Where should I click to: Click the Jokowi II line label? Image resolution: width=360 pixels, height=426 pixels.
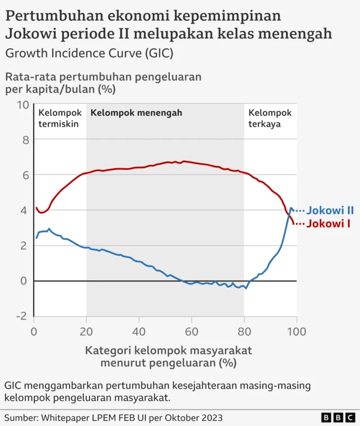tap(330, 210)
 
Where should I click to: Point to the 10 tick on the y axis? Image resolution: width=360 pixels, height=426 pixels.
tap(23, 105)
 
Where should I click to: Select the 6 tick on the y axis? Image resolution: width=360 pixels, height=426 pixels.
tap(25, 175)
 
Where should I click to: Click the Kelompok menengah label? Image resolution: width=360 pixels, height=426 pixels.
tap(136, 113)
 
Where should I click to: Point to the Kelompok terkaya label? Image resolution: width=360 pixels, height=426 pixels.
tap(270, 119)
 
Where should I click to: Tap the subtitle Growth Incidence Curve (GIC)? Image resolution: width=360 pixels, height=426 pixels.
tap(89, 53)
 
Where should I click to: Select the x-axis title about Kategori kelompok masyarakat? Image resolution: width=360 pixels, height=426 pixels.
tap(168, 356)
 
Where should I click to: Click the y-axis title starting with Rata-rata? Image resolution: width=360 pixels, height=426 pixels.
tap(103, 82)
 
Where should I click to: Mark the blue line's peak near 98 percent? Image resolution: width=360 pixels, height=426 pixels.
tap(291, 209)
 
